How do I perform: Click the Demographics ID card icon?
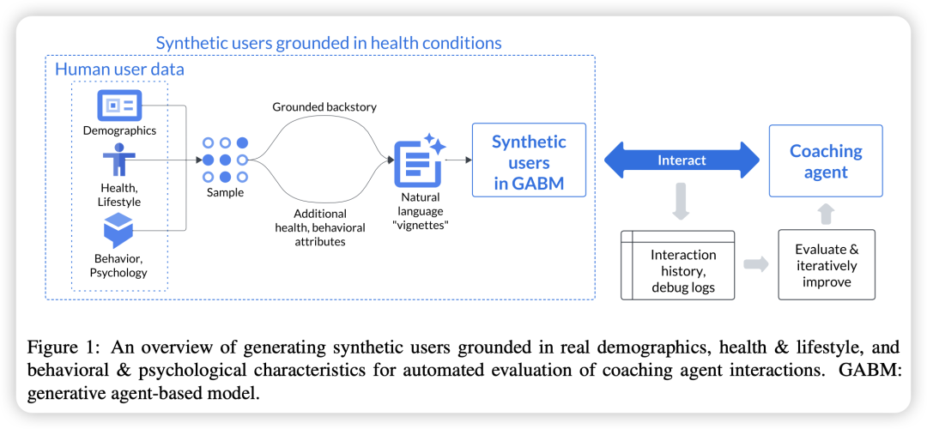(x=119, y=106)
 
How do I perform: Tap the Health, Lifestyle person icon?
(x=119, y=160)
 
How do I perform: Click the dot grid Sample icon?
(x=225, y=160)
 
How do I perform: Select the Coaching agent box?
(x=825, y=160)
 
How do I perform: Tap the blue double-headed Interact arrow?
(x=682, y=160)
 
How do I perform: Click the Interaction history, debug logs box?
(x=678, y=264)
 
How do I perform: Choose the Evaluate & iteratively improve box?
(x=826, y=264)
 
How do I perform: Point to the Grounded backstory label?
(x=324, y=107)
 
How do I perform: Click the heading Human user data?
(x=119, y=69)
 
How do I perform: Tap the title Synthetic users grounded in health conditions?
(x=329, y=42)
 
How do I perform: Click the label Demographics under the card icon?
(x=119, y=130)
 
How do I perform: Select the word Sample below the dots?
(x=225, y=192)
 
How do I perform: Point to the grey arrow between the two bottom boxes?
(x=756, y=264)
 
